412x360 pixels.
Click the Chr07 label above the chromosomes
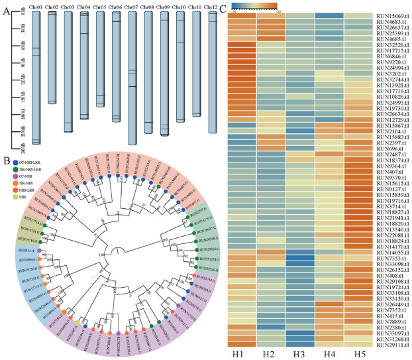132,7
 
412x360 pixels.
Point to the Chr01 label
36,7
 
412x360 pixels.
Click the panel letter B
5,158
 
